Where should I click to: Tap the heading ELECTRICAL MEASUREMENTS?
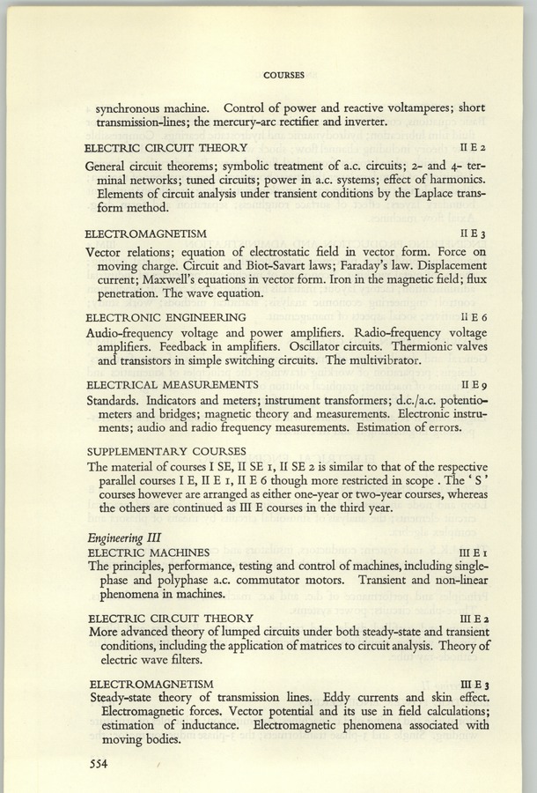point(171,385)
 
